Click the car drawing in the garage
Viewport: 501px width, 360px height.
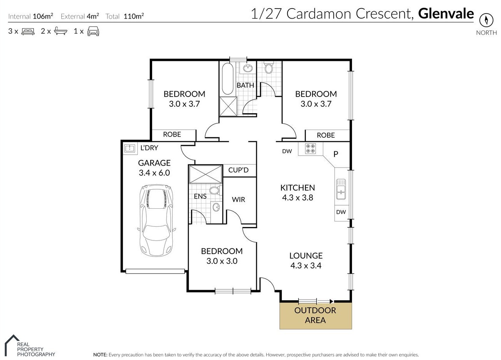click(x=156, y=220)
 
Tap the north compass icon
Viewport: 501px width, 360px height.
click(x=486, y=20)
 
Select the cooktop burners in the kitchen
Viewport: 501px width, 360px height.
click(x=310, y=149)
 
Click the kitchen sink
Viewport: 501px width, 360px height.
click(x=341, y=189)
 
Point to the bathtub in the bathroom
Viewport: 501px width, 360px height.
click(x=228, y=79)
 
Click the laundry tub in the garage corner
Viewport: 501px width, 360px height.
click(x=130, y=148)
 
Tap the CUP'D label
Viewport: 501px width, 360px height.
click(x=238, y=170)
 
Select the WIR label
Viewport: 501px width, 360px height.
click(x=238, y=199)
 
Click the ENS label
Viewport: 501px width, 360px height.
click(x=200, y=196)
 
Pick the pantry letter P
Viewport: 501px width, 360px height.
click(x=336, y=154)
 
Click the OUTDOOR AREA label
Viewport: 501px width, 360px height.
click(x=315, y=315)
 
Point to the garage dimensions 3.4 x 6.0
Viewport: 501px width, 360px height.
click(x=154, y=173)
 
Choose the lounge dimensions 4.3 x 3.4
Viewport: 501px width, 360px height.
click(x=306, y=266)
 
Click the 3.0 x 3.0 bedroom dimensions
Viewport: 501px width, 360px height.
click(x=222, y=261)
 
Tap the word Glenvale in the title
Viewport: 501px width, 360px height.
click(x=446, y=14)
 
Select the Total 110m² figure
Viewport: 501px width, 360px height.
click(x=125, y=16)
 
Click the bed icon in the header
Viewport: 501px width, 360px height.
click(x=28, y=31)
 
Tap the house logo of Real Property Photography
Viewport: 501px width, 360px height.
click(x=12, y=345)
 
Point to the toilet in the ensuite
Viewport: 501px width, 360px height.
click(x=215, y=190)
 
